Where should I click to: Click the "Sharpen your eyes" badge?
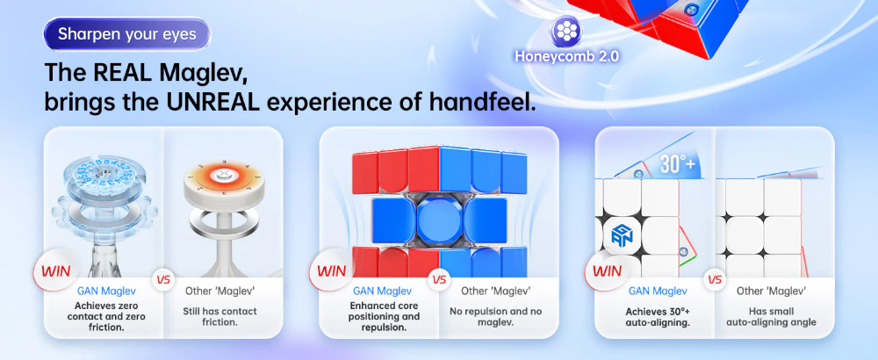127,34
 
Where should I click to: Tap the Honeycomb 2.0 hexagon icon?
567,32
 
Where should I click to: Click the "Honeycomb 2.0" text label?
566,56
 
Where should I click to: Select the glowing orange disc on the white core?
216,175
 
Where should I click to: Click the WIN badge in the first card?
55,271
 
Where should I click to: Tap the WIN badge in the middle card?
331,271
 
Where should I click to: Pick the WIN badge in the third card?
607,271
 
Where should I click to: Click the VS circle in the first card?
164,280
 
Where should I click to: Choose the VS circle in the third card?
715,280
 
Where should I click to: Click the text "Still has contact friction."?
219,316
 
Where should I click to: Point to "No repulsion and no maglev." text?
495,316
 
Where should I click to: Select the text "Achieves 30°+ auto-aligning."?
658,316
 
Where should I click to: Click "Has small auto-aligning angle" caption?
771,316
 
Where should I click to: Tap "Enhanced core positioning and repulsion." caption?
385,316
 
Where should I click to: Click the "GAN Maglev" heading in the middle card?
382,292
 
